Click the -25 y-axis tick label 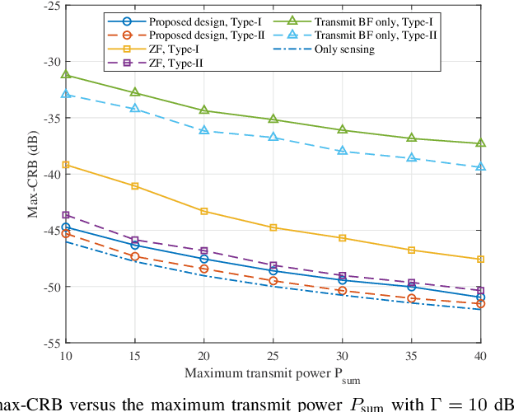[x=49, y=6]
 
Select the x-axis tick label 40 [x=481, y=355]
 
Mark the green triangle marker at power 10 [x=66, y=75]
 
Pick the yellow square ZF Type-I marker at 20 [x=204, y=212]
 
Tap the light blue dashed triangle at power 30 [x=343, y=151]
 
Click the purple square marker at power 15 [x=135, y=241]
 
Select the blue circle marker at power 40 [x=481, y=297]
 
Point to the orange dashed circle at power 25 [x=273, y=281]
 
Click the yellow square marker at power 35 [x=412, y=250]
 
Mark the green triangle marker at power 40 [x=481, y=143]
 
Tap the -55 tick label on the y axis [x=49, y=342]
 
